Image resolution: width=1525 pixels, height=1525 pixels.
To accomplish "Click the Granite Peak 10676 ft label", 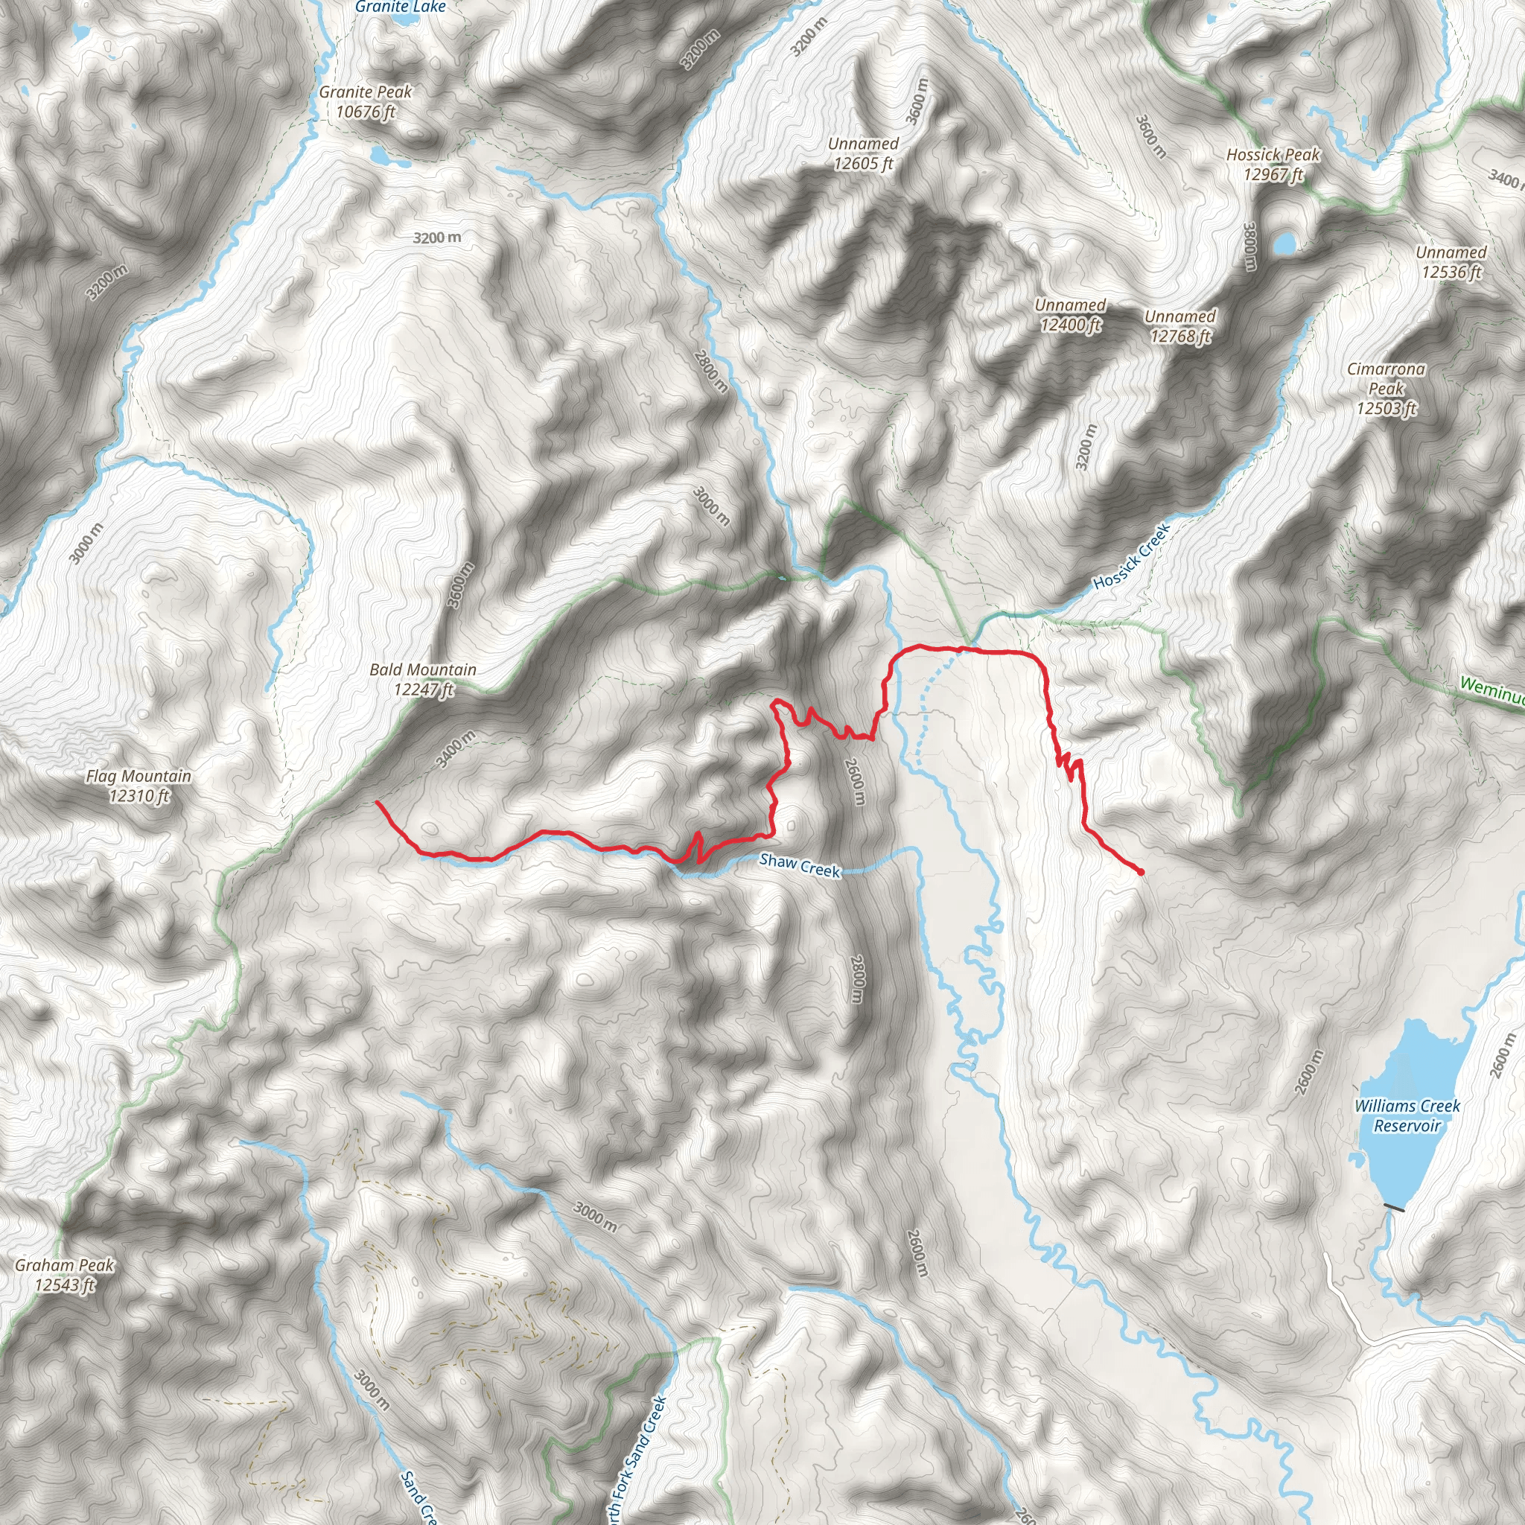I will pos(366,102).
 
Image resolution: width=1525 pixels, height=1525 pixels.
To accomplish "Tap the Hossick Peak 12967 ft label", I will pos(1273,164).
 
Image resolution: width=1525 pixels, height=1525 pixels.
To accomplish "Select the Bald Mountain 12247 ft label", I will pos(423,680).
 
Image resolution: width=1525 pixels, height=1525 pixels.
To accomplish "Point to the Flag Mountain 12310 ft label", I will pos(139,786).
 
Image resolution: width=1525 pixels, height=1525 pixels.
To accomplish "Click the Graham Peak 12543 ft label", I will pos(65,1275).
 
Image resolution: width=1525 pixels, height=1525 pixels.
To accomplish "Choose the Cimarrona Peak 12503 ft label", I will pos(1386,389).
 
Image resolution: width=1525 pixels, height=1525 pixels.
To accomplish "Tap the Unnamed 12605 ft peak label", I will pos(863,153).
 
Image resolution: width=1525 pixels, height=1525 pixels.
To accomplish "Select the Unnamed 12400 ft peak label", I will pos(1069,314).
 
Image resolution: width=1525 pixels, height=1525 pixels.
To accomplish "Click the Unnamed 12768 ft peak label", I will pos(1180,326).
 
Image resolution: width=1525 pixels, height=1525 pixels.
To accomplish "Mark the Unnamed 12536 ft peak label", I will pos(1451,262).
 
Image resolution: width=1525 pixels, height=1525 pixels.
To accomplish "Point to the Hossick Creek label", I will pos(1130,557).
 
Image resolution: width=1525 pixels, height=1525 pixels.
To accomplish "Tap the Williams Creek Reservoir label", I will pos(1407,1115).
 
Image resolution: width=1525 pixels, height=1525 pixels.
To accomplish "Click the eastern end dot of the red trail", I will pos(1141,871).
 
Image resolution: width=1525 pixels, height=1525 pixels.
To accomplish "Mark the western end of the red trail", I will pos(378,803).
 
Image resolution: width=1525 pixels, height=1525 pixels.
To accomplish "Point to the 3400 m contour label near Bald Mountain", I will pos(456,750).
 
